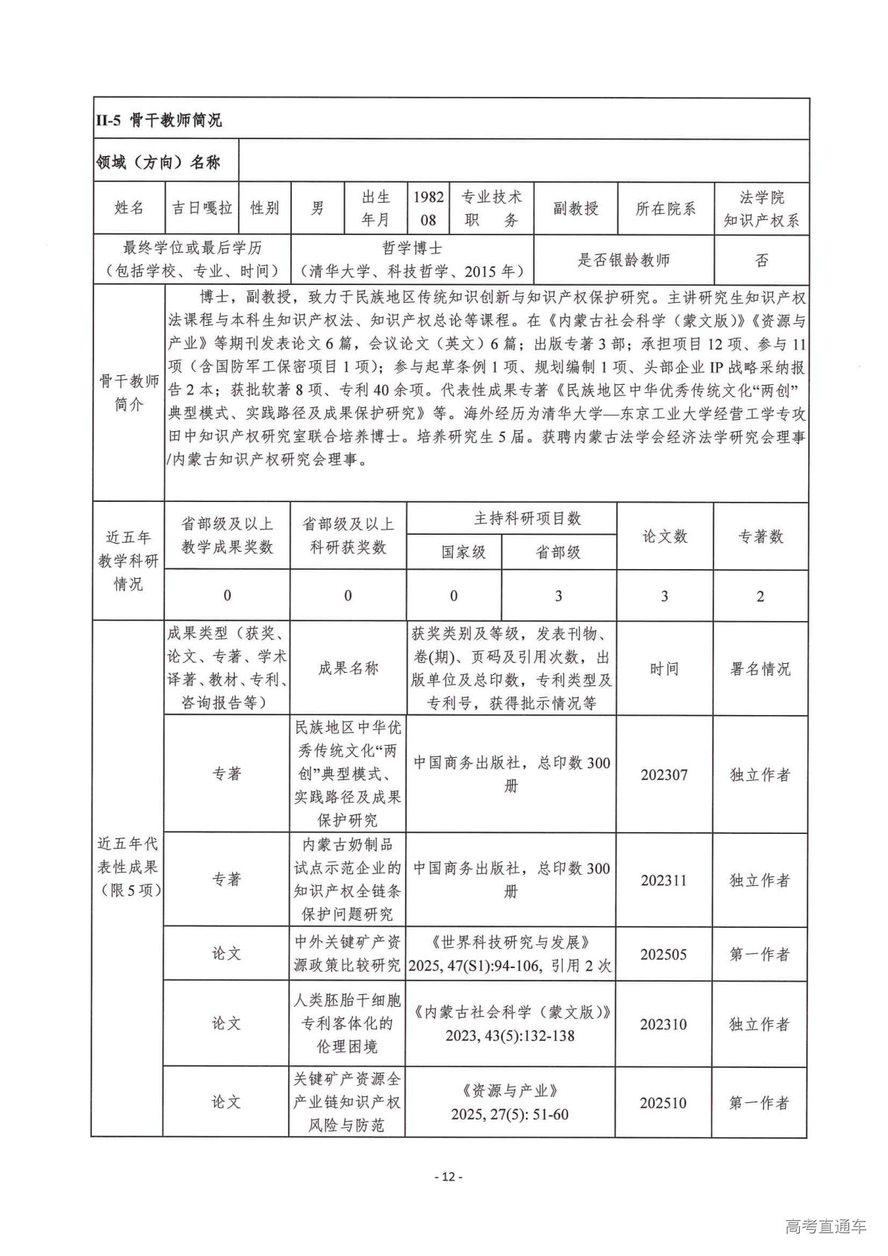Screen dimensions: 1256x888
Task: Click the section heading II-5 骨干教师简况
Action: tap(158, 120)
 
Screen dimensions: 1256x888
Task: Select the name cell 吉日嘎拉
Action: tap(202, 208)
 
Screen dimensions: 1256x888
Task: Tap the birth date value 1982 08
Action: tap(428, 208)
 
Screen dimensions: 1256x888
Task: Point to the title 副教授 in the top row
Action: tap(575, 208)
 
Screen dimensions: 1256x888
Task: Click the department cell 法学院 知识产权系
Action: tap(761, 208)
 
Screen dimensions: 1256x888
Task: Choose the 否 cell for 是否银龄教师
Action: tap(761, 260)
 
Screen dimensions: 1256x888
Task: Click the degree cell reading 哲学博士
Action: tap(412, 248)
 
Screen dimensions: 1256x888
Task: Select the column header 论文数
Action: tap(664, 536)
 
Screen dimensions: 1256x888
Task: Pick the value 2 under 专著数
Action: tap(760, 596)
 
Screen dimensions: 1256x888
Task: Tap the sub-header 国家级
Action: tap(463, 552)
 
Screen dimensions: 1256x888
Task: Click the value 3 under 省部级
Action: tap(558, 596)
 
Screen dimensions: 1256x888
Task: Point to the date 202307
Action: tap(663, 775)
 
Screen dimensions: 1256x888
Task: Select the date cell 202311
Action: tap(663, 880)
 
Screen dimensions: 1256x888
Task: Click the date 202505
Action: tap(663, 955)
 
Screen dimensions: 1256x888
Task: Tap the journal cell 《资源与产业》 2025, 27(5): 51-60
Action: tap(510, 1102)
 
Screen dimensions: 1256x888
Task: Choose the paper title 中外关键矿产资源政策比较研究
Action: tap(348, 953)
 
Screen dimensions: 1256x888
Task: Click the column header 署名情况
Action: tap(760, 669)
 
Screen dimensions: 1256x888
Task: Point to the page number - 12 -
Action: tap(448, 1177)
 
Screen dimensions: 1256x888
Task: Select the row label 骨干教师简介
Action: tap(128, 393)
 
